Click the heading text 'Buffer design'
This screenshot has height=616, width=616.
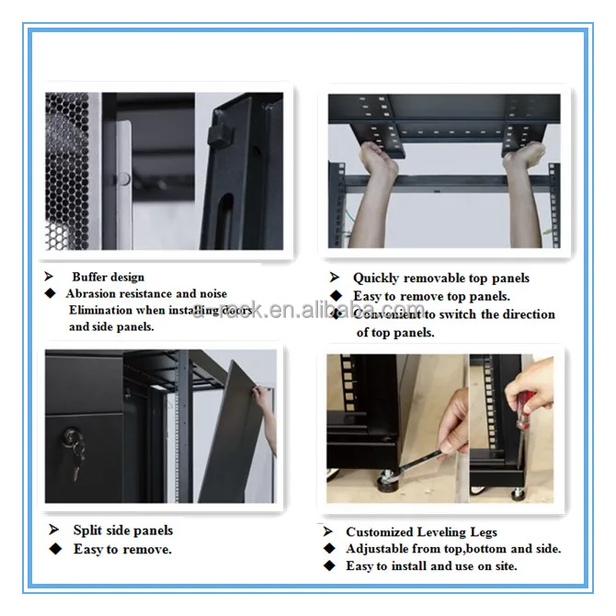108,277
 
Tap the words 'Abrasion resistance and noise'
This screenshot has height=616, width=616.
146,294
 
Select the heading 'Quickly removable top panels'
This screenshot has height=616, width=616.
441,278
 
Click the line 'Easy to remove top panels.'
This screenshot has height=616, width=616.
431,296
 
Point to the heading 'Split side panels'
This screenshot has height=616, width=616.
123,530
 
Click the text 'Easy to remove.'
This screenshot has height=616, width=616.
122,549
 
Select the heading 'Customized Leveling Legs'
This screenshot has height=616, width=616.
421,531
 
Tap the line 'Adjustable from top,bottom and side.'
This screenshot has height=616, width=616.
453,549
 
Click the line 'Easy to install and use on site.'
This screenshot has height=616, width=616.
431,566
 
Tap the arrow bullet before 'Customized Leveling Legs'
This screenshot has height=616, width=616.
327,531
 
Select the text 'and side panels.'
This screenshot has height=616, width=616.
111,326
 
